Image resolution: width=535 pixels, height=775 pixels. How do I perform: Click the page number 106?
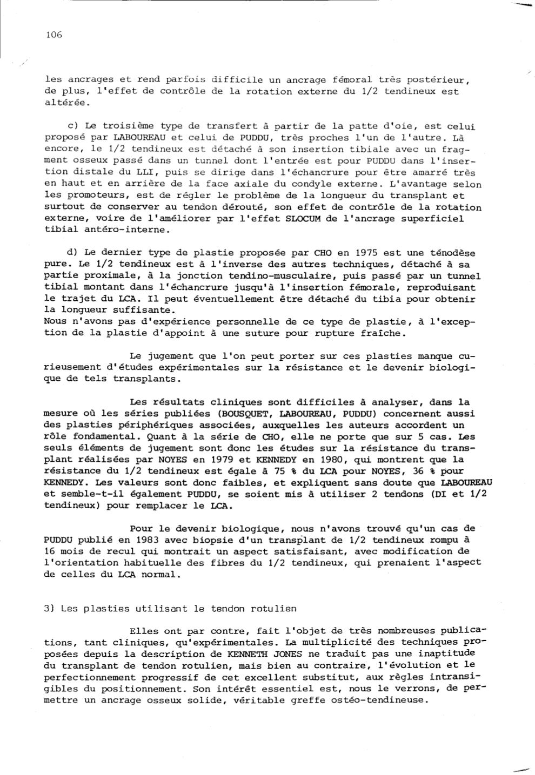coord(54,35)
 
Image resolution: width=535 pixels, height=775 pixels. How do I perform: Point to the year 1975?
coord(367,253)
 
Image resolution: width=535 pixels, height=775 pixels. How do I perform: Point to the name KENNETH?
coord(246,653)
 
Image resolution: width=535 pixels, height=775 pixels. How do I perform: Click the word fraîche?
coord(384,333)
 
